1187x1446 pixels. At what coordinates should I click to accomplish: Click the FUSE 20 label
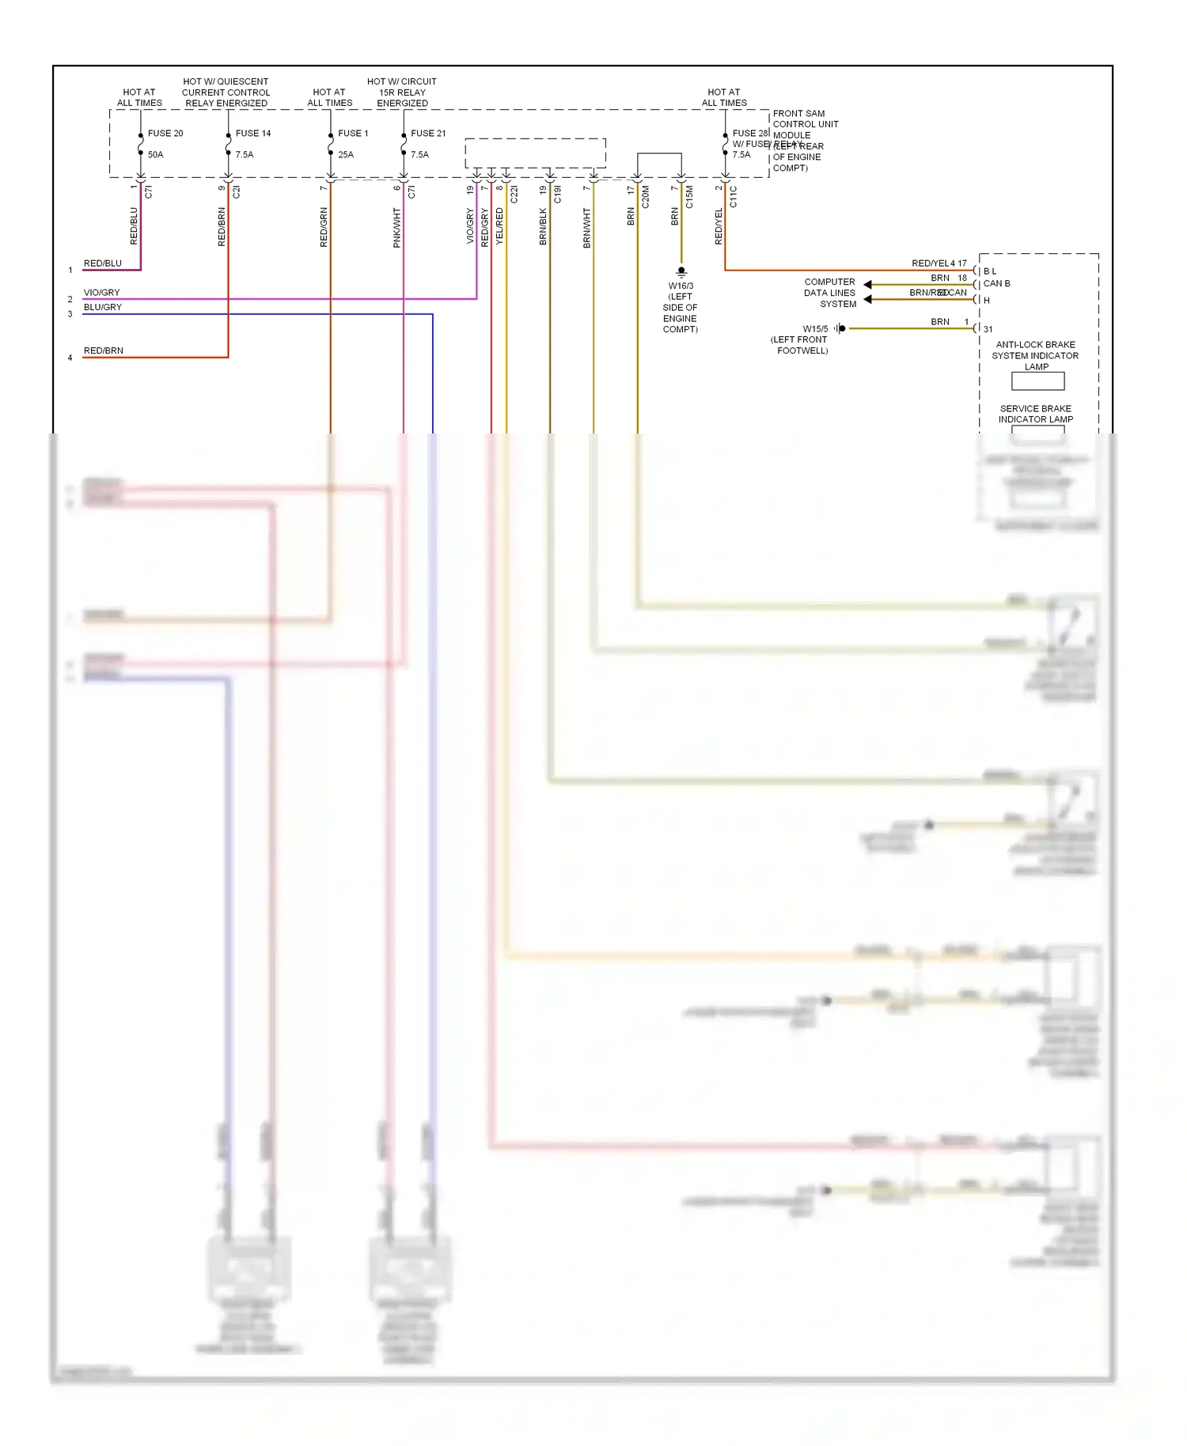click(165, 133)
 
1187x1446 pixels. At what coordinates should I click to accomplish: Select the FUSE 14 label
click(252, 133)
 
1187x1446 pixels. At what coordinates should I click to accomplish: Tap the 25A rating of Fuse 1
click(346, 154)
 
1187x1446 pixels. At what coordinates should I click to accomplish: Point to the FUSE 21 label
click(428, 133)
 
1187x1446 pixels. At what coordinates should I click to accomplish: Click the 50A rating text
click(155, 154)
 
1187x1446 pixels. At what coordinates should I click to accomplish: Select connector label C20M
click(645, 197)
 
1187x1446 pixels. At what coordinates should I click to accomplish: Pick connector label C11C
click(733, 197)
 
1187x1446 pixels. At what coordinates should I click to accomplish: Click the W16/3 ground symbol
click(681, 271)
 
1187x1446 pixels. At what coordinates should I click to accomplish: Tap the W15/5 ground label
click(815, 328)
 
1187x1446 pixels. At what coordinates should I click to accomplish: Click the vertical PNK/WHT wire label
click(397, 228)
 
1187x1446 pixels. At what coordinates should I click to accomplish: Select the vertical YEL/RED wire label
click(499, 226)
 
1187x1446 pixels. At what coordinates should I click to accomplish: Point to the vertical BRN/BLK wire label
click(543, 226)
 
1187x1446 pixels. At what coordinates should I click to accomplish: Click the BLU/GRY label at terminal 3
click(103, 307)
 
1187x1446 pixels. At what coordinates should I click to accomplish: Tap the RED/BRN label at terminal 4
click(104, 350)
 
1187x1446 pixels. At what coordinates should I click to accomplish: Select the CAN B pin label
click(996, 283)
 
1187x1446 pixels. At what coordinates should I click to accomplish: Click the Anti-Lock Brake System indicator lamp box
click(1037, 381)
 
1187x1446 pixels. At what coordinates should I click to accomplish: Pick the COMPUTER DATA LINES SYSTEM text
click(829, 293)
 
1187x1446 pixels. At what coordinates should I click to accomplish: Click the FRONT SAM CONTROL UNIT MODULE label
click(805, 124)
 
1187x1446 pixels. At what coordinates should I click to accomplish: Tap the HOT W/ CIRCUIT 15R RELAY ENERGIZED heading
click(402, 92)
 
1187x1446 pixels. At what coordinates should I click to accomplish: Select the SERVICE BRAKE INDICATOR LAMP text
click(1035, 414)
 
